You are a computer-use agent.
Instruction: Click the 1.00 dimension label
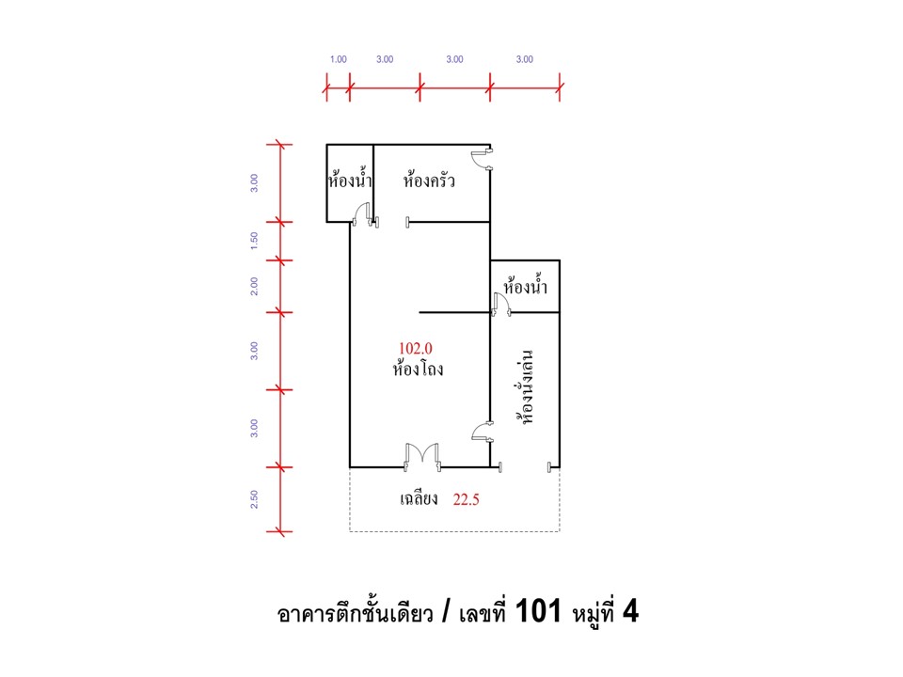338,59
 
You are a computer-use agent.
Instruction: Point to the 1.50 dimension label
254,241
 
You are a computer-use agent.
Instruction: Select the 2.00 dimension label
254,286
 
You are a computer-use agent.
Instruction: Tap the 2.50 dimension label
254,499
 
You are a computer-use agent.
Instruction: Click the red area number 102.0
415,348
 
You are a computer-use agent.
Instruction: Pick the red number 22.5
466,499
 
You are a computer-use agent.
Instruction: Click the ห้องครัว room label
429,181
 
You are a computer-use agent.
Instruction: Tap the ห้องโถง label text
418,369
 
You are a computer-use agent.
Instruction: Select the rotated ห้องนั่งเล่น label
525,386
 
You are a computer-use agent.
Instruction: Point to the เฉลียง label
419,498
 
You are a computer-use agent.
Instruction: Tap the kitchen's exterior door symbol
482,160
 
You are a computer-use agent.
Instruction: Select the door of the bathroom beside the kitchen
363,213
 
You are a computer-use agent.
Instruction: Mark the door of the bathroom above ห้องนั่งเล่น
501,304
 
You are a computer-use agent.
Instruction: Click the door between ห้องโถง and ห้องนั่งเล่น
482,432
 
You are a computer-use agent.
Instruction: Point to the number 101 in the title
538,611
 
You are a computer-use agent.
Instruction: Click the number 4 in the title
630,611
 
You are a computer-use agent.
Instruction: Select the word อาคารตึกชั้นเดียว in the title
355,613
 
